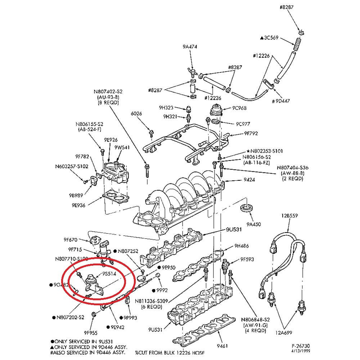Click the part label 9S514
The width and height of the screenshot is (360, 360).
[109, 274]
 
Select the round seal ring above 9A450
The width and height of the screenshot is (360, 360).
[247, 208]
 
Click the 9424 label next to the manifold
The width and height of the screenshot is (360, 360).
[249, 180]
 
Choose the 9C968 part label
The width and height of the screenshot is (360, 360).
[239, 108]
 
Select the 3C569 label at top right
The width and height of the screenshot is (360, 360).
[270, 37]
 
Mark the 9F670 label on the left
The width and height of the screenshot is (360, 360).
[71, 239]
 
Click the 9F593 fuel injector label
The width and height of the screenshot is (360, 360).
[248, 259]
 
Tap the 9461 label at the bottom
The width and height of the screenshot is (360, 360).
[222, 347]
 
